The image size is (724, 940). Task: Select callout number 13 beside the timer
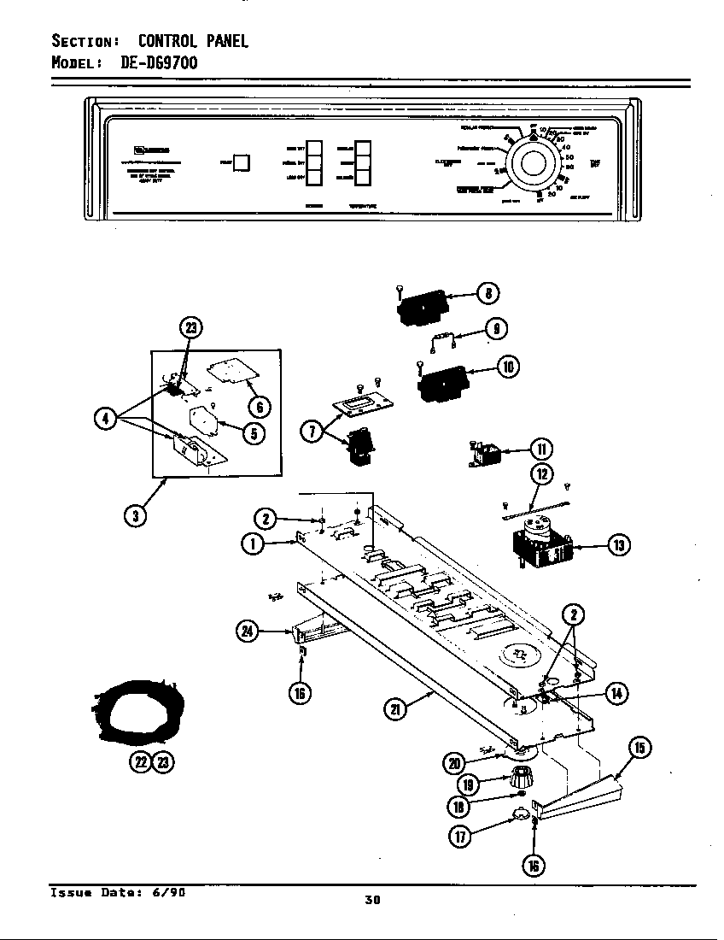(x=618, y=543)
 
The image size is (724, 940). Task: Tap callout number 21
(x=394, y=708)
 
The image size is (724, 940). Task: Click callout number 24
(x=248, y=632)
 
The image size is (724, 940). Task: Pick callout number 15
(x=641, y=749)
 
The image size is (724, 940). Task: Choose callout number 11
(x=540, y=448)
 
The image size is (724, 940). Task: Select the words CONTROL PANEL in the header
(x=193, y=40)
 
